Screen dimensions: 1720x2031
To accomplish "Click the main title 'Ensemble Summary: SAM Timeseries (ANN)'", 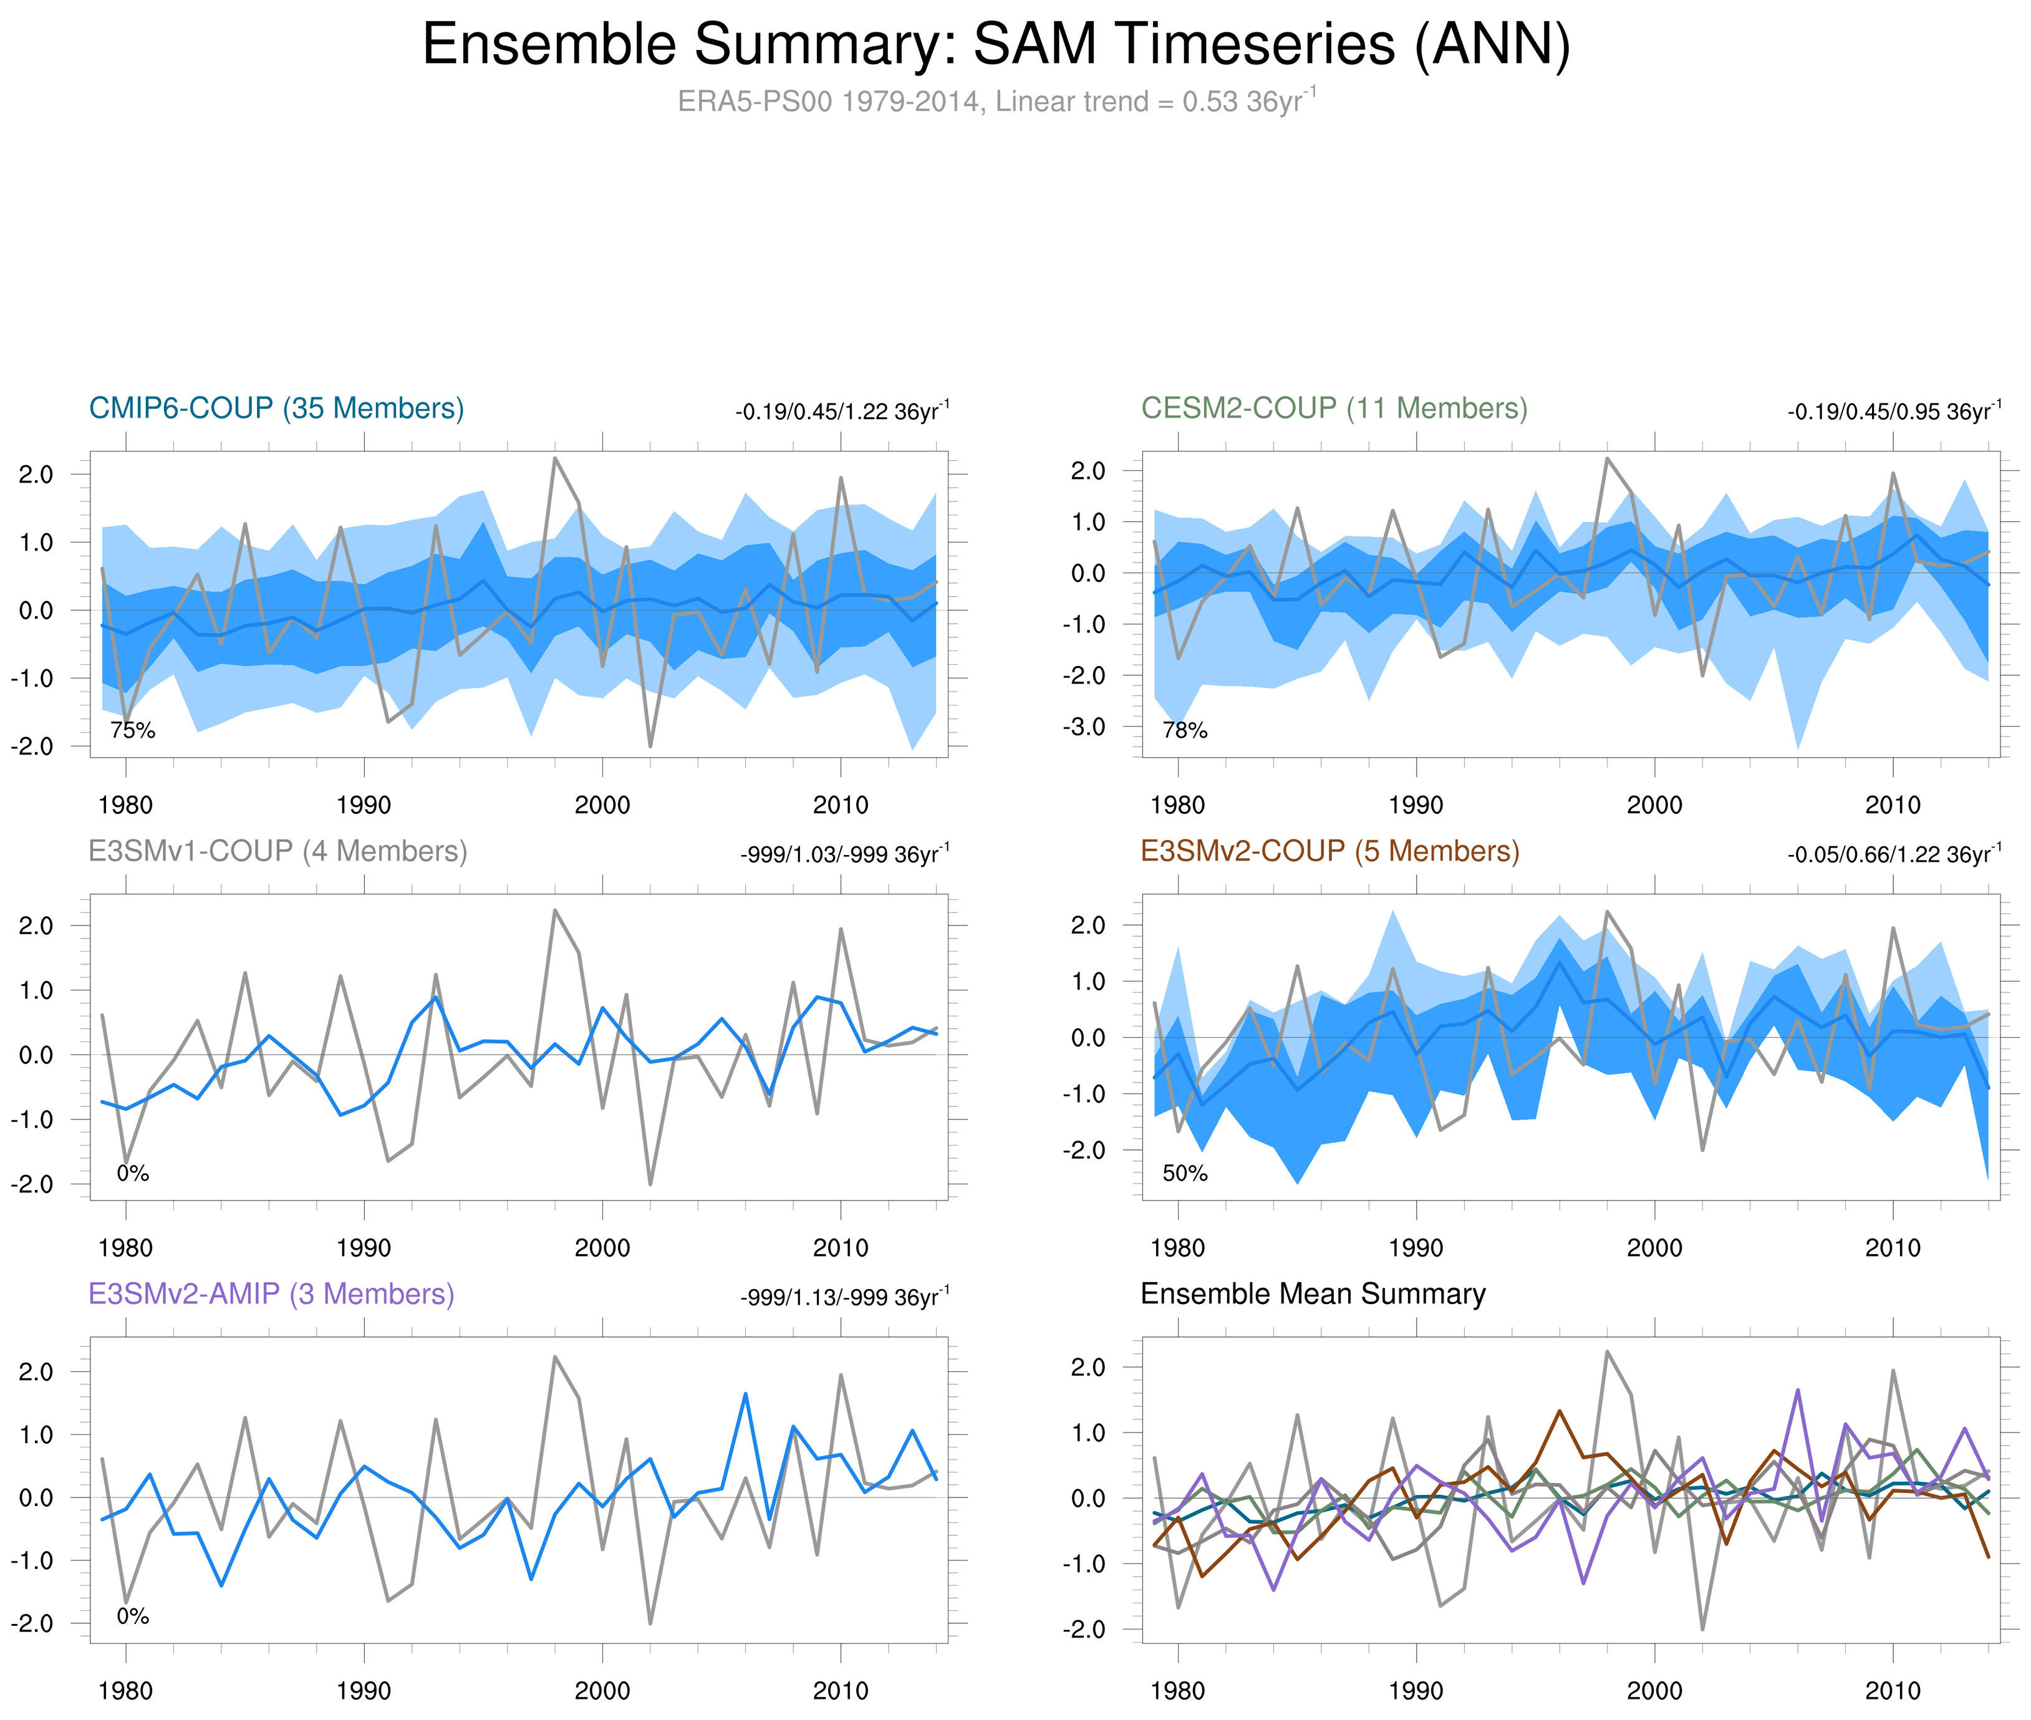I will coord(995,45).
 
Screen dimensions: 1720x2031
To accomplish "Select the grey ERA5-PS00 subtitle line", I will coord(995,102).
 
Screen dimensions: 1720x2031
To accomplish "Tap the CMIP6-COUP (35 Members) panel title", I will coord(276,408).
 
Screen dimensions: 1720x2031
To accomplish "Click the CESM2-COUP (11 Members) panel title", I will coord(1334,408).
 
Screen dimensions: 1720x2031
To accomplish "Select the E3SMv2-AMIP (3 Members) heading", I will coord(271,1294).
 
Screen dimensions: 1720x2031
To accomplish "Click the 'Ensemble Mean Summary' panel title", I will coord(1313,1294).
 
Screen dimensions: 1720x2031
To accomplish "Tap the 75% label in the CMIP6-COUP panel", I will coord(133,730).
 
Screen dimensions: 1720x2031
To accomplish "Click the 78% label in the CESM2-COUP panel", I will coord(1185,730).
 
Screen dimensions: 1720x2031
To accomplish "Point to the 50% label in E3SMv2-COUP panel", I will coord(1185,1173).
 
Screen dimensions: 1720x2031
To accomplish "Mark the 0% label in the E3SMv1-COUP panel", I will coord(133,1173).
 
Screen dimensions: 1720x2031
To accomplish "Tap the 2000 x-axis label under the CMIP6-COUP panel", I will coord(602,805).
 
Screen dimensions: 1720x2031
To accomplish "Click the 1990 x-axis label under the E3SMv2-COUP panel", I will coord(1416,1248).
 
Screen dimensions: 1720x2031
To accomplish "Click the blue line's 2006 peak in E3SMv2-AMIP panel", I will coord(746,1394).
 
